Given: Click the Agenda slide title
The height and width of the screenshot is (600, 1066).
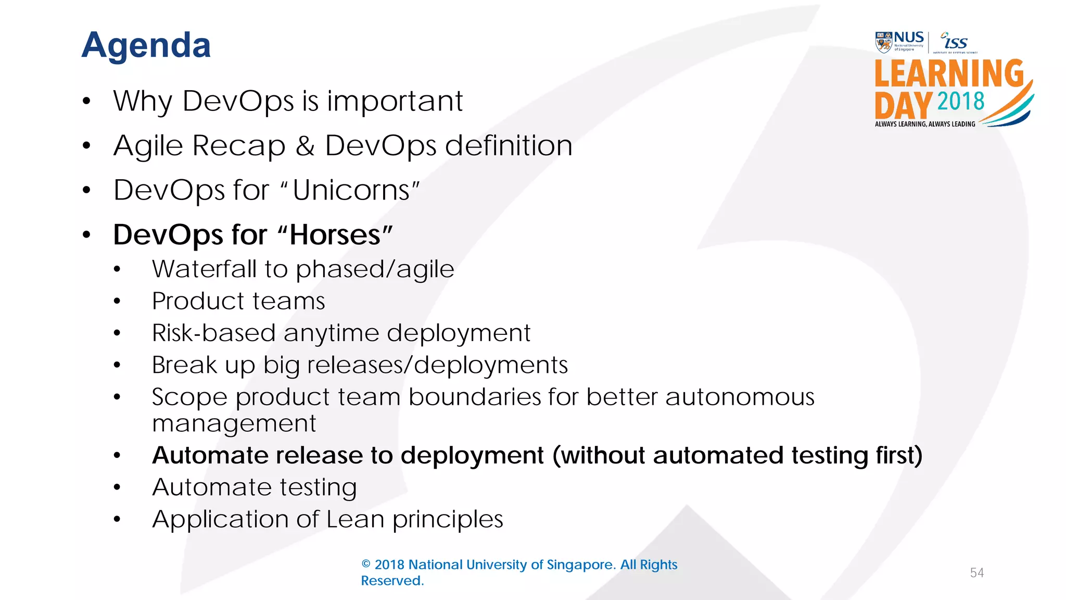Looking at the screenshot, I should pyautogui.click(x=146, y=45).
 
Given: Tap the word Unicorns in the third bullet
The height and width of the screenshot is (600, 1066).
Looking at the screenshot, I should pyautogui.click(x=352, y=190).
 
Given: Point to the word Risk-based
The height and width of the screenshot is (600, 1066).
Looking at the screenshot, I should pyautogui.click(x=213, y=333).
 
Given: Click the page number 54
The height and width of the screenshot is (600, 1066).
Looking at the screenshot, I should pyautogui.click(x=976, y=573).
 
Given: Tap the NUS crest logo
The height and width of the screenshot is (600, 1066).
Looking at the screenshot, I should pyautogui.click(x=884, y=42).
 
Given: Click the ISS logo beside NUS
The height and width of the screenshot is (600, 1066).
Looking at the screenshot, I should pyautogui.click(x=955, y=42).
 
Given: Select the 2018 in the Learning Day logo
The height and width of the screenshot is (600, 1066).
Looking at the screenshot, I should pyautogui.click(x=960, y=101).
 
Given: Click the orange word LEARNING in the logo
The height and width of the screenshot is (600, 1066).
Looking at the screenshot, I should pyautogui.click(x=948, y=74).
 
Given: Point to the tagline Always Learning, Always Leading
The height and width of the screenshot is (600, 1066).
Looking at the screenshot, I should pyautogui.click(x=925, y=124).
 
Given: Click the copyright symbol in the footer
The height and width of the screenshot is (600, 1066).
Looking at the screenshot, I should pyautogui.click(x=366, y=565).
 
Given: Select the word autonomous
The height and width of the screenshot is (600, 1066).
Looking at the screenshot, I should pyautogui.click(x=740, y=397).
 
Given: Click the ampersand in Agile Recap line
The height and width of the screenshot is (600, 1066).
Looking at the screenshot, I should pyautogui.click(x=305, y=146).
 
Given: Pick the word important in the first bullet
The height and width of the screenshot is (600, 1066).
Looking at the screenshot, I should pyautogui.click(x=395, y=101).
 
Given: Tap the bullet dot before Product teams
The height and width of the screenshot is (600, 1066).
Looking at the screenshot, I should pyautogui.click(x=117, y=302).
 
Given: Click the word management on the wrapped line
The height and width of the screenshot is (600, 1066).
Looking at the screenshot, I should pyautogui.click(x=234, y=423).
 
